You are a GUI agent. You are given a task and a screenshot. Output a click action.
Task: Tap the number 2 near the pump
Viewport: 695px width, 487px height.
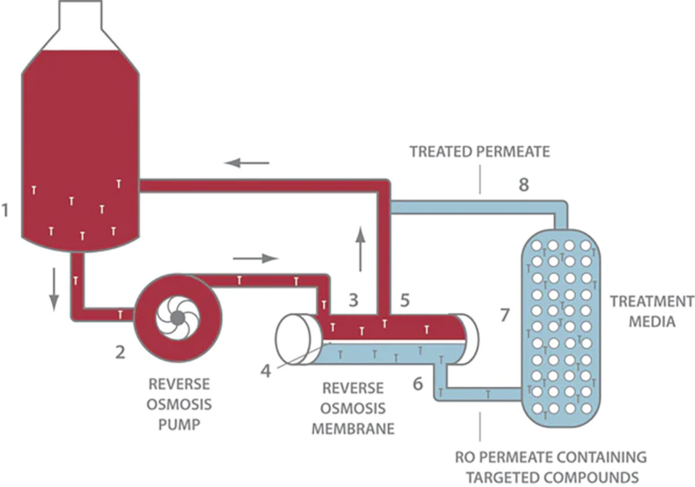pos(120,353)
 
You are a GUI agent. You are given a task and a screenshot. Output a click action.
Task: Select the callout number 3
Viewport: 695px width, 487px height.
pos(353,301)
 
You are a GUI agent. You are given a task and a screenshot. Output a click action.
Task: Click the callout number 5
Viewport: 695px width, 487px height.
pos(405,301)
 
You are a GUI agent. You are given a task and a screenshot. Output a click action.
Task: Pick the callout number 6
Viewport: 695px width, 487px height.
pos(418,383)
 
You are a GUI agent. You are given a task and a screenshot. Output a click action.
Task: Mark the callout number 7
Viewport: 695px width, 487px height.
pos(505,314)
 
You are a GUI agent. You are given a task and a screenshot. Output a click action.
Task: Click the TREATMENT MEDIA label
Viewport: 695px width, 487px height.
pos(650,312)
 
